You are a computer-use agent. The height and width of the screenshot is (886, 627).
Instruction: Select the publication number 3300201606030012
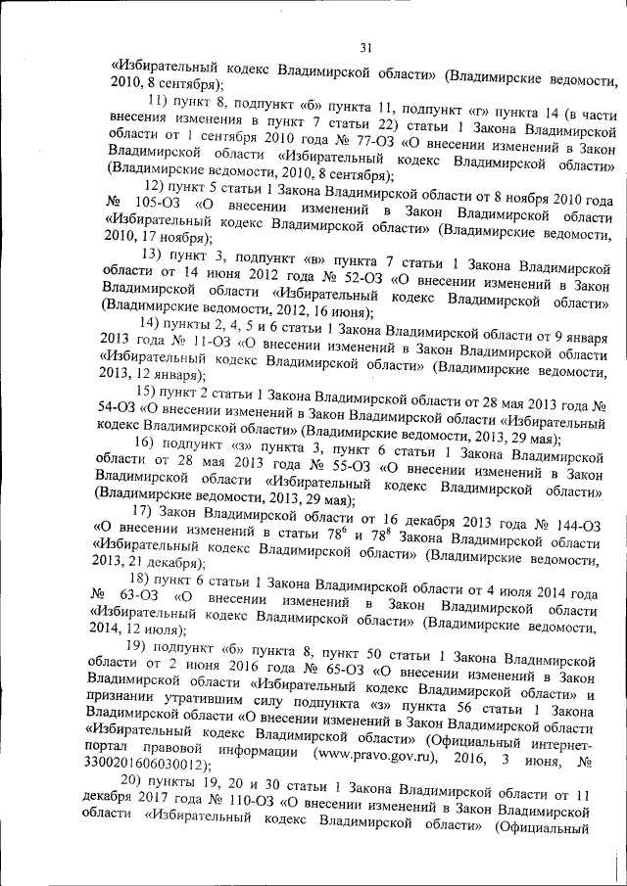point(147,764)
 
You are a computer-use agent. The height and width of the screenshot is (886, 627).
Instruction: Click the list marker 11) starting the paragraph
point(159,101)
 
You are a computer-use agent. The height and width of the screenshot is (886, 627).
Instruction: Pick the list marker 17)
point(143,510)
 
